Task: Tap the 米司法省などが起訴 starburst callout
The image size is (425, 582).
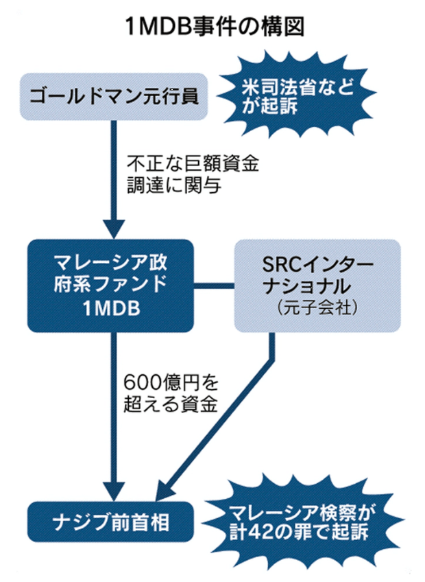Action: point(299,94)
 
